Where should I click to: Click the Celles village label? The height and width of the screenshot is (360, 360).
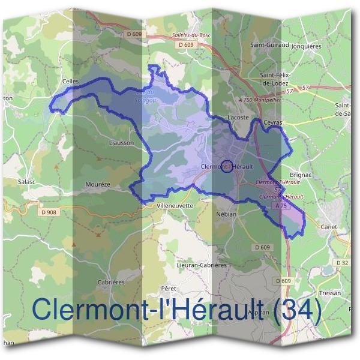pos(71,80)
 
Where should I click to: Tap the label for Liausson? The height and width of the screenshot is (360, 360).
pos(122,143)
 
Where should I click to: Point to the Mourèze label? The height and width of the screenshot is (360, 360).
pos(97,184)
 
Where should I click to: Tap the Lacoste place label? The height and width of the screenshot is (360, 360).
pos(238,118)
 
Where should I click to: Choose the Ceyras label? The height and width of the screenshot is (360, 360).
pos(273,122)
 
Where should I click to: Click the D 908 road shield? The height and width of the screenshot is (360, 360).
pos(50,212)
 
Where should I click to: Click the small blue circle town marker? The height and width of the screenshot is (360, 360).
pos(226,166)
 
